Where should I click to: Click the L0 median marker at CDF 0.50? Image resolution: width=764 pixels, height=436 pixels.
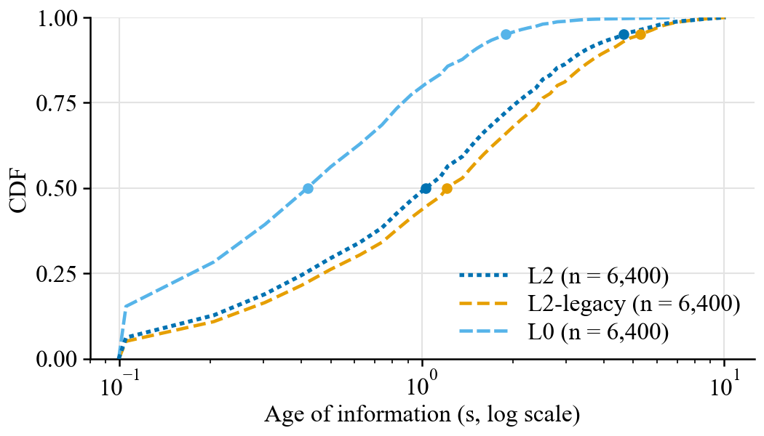click(x=308, y=188)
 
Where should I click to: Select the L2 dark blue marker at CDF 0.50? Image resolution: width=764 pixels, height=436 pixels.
click(x=426, y=188)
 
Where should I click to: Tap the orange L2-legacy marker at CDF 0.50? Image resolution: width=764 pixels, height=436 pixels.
click(x=447, y=188)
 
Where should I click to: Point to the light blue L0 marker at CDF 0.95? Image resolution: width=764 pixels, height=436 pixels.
click(x=506, y=35)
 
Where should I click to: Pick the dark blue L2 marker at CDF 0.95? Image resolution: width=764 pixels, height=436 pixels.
click(x=624, y=35)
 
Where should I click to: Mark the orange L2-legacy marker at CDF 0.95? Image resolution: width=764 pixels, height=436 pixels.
click(x=641, y=35)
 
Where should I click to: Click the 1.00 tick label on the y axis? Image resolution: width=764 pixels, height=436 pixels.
click(x=57, y=18)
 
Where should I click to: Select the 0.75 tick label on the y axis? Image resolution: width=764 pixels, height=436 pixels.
click(x=57, y=103)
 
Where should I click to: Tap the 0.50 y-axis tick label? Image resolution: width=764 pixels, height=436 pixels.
click(x=57, y=188)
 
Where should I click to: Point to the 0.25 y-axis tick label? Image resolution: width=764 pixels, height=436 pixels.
click(x=57, y=274)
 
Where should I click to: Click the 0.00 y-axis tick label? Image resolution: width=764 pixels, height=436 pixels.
click(x=57, y=359)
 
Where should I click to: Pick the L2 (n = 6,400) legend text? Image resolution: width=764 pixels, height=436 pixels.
click(x=598, y=276)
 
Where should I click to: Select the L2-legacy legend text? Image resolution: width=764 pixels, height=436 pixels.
click(x=577, y=304)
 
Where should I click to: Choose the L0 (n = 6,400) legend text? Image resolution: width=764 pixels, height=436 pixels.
click(x=598, y=332)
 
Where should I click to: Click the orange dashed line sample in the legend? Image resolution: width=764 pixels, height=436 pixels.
click(x=483, y=304)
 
